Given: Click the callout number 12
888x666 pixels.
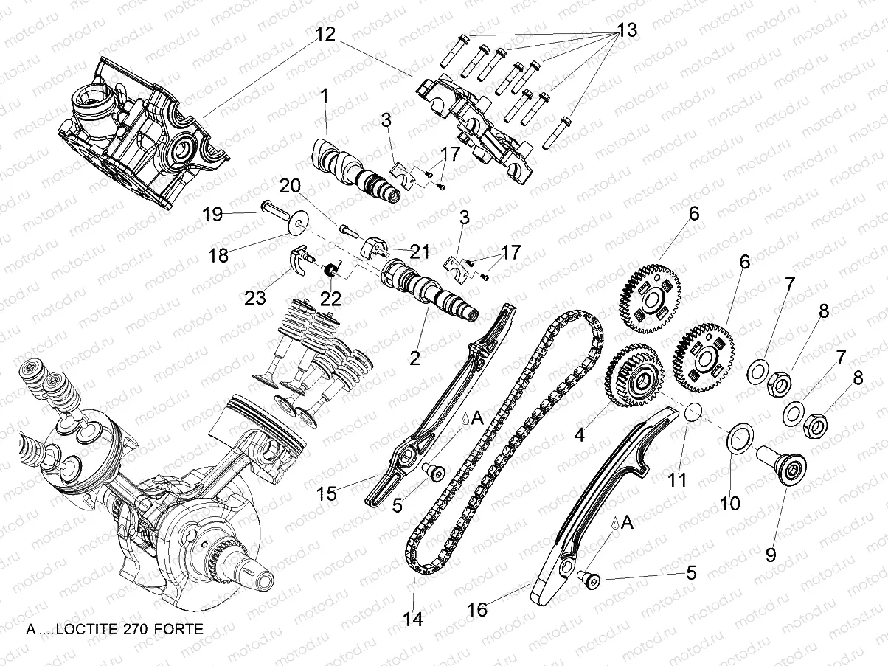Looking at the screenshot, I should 326,34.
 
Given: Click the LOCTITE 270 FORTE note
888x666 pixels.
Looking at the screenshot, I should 114,629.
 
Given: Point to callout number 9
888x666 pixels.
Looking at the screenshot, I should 770,553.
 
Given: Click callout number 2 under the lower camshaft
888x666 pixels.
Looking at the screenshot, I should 415,359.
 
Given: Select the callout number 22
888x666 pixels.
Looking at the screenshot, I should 330,299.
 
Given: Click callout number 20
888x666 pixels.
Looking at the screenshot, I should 290,187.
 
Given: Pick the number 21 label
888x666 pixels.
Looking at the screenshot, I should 420,252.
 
